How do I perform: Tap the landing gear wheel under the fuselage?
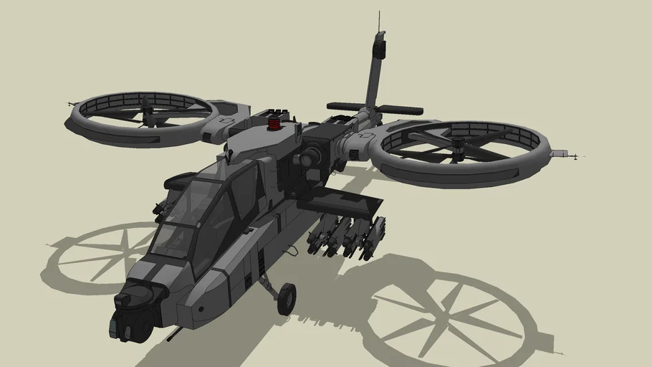pos(286,298)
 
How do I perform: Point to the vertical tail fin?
pos(374,72)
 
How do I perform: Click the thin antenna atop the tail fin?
pos(379,22)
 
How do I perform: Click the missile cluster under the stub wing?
pos(347,236)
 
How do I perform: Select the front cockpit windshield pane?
pos(173,240)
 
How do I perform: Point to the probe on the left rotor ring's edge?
pos(72,105)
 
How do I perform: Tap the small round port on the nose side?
pos(201,309)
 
